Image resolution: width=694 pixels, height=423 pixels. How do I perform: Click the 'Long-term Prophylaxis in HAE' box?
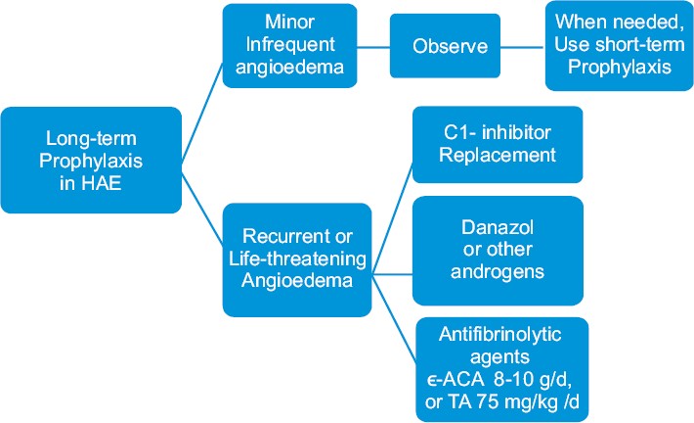point(91,160)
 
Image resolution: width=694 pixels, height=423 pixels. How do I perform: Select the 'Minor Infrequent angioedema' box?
point(290,46)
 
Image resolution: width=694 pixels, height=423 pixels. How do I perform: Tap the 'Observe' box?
point(446,46)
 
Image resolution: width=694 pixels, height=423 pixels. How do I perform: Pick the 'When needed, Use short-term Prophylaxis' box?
point(619,46)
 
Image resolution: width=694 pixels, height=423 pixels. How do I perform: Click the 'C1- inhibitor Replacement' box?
point(498,145)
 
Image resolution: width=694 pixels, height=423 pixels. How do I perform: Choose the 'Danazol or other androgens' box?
point(498,251)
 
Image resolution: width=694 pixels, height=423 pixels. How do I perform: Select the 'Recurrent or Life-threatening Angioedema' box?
point(297,259)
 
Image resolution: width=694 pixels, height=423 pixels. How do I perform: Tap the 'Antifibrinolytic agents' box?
point(502,369)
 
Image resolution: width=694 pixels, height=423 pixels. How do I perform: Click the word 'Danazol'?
point(498,227)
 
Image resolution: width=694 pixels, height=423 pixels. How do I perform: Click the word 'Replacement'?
point(498,155)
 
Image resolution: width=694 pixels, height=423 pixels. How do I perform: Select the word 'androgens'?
point(498,271)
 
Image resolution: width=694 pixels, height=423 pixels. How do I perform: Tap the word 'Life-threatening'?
point(297,258)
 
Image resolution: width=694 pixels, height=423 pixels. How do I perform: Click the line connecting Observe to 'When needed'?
point(523,47)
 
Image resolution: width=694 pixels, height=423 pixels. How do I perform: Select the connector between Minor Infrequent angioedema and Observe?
point(373,47)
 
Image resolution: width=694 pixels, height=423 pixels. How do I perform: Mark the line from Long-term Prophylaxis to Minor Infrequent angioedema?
point(202,112)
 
